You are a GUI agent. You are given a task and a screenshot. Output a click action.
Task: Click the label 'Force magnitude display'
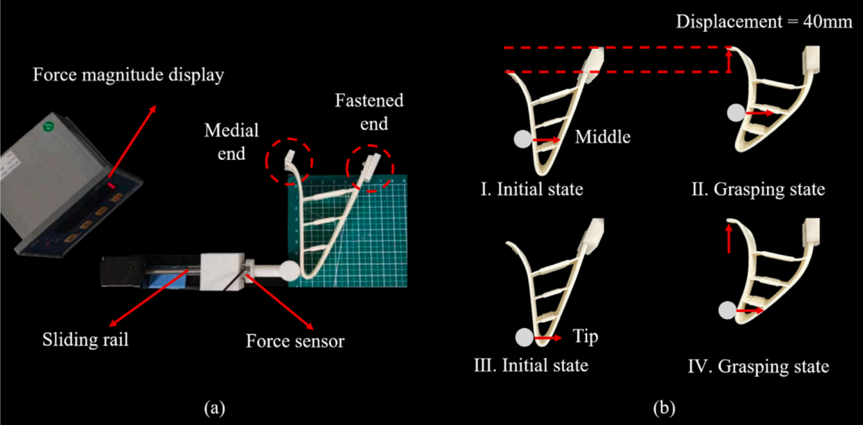(x=128, y=75)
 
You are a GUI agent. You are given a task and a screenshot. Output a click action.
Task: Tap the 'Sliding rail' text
(x=85, y=339)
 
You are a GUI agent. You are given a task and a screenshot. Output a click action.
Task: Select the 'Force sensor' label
(x=295, y=341)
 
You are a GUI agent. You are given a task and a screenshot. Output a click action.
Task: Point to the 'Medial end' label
(x=231, y=142)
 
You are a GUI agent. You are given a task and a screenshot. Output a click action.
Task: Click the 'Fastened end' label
(x=369, y=111)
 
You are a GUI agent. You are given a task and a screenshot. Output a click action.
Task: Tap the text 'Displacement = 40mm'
(x=764, y=22)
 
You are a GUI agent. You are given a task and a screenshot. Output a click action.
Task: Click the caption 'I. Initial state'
(x=531, y=190)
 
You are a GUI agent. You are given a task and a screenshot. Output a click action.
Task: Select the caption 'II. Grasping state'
(x=759, y=190)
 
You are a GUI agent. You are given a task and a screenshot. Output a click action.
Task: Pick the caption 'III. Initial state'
(x=531, y=365)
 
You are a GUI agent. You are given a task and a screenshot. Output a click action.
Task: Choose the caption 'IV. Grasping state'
(x=759, y=366)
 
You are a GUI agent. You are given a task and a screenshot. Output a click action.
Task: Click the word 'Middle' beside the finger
(x=602, y=137)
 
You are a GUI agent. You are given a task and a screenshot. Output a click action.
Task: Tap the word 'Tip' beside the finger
(x=585, y=337)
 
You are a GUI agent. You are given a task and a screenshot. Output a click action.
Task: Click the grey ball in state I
(x=523, y=139)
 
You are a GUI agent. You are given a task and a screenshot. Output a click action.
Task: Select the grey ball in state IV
(x=727, y=310)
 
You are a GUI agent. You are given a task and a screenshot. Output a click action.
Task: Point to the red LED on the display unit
(x=111, y=186)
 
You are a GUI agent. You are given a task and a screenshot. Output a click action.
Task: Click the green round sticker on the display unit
(x=48, y=126)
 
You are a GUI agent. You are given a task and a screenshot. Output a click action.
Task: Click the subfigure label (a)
(x=215, y=408)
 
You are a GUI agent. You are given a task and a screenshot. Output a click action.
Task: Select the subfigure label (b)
(x=664, y=408)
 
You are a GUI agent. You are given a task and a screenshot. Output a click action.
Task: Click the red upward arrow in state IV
(x=729, y=239)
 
